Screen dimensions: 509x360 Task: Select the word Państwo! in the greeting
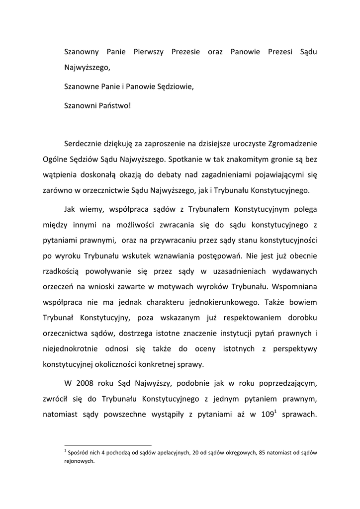click(113, 106)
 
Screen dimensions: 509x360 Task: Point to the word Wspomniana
click(293, 287)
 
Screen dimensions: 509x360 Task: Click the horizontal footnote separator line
click(108, 445)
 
